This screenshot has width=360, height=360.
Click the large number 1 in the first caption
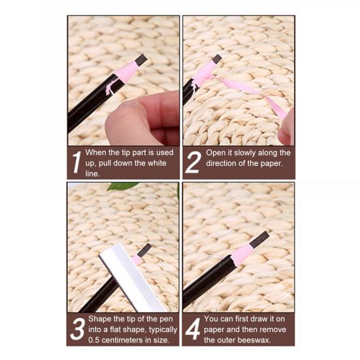coord(76,162)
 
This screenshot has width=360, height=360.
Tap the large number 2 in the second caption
coord(192,162)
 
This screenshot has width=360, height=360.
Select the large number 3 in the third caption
coord(77,329)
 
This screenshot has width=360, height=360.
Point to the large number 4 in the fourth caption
coord(192,329)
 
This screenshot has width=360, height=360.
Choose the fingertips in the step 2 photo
coord(286,127)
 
